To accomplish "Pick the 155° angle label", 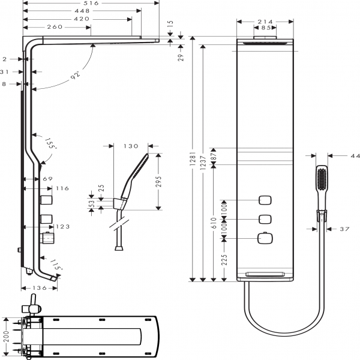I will (51, 145).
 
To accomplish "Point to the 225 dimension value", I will (224, 260).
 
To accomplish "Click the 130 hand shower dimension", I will (131, 146).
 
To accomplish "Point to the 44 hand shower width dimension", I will (355, 156).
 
